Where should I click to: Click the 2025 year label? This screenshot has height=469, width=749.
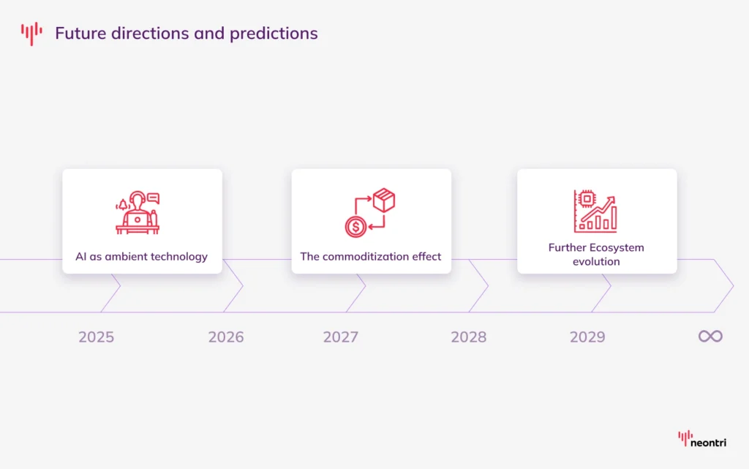(x=97, y=337)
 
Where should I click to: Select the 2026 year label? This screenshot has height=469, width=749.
(x=226, y=337)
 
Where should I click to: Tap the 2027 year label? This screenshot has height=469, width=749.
(x=341, y=337)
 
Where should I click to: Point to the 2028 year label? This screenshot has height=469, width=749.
(x=469, y=337)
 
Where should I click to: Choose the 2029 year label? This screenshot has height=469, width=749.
(x=587, y=337)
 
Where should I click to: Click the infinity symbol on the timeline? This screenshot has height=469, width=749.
(x=710, y=337)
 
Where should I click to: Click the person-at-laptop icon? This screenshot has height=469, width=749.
(x=138, y=214)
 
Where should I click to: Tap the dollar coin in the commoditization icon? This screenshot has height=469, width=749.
(x=355, y=227)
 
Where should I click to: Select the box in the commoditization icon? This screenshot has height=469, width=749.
(x=384, y=199)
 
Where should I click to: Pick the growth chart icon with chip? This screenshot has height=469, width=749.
(x=595, y=211)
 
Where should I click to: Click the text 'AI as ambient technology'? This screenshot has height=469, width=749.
(x=142, y=257)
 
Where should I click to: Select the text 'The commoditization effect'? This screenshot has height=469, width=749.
(x=371, y=257)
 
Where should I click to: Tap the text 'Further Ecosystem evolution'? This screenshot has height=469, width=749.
(x=596, y=254)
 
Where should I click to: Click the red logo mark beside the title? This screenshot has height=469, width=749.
(x=31, y=33)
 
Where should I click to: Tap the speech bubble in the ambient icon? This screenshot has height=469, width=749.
(x=154, y=197)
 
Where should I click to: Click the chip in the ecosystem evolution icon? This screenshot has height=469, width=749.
(x=586, y=198)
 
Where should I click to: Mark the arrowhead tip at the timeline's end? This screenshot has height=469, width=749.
(x=732, y=286)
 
